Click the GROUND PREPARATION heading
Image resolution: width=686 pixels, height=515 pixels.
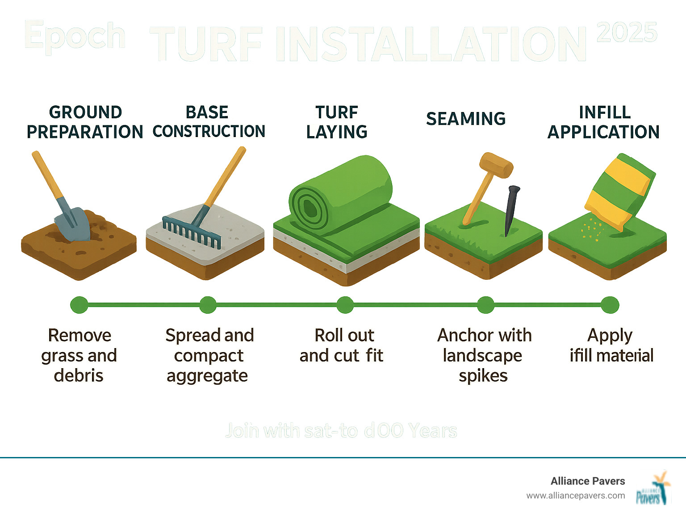pyautogui.click(x=85, y=122)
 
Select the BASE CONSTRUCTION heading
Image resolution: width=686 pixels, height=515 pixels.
pyautogui.click(x=208, y=122)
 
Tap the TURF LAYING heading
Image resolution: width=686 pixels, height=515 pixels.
pyautogui.click(x=337, y=122)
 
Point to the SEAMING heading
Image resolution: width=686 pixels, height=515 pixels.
pyautogui.click(x=465, y=119)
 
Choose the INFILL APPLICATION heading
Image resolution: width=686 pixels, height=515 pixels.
pyautogui.click(x=604, y=122)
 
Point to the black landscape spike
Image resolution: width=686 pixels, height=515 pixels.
pyautogui.click(x=510, y=210)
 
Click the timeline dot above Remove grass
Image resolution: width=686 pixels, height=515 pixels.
pyautogui.click(x=79, y=305)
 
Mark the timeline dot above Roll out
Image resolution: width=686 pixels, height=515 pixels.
pyautogui.click(x=345, y=305)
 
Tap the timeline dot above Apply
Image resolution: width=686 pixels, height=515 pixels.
pyautogui.click(x=610, y=305)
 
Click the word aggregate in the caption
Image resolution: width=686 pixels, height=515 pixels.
pyautogui.click(x=207, y=376)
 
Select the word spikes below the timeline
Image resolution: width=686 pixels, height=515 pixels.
pyautogui.click(x=483, y=376)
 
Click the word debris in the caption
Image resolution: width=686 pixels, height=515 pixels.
pyautogui.click(x=79, y=376)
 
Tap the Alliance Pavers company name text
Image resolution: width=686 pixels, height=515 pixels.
pyautogui.click(x=588, y=481)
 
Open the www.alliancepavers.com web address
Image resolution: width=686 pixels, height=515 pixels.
pyautogui.click(x=576, y=495)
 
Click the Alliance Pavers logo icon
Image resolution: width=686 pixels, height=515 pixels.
pyautogui.click(x=653, y=488)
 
